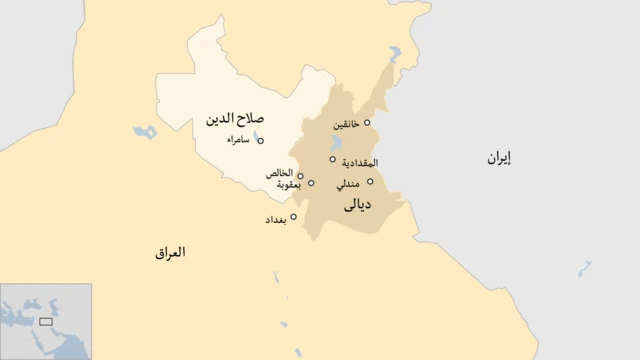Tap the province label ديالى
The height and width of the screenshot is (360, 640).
tap(357, 207)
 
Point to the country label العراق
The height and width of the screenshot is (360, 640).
tap(170, 253)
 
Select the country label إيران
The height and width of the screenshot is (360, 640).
tap(498, 157)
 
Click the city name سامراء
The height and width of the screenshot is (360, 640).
tap(238, 141)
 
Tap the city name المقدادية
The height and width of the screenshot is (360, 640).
tap(359, 162)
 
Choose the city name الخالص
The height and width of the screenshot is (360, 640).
tap(280, 174)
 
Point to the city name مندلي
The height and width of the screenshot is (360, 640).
tap(350, 182)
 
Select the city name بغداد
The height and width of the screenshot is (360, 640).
tap(275, 219)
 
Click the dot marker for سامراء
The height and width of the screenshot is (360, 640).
tap(261, 141)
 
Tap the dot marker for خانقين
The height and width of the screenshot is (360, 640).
tap(367, 123)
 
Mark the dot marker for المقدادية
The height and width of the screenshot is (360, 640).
tap(333, 159)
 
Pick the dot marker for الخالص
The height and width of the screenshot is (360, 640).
tap(300, 176)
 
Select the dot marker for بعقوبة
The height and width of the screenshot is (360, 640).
tap(311, 183)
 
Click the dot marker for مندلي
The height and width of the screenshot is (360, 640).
tap(370, 182)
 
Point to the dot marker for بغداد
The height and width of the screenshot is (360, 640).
tap(294, 216)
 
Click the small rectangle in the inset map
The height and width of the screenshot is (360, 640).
tap(45, 322)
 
